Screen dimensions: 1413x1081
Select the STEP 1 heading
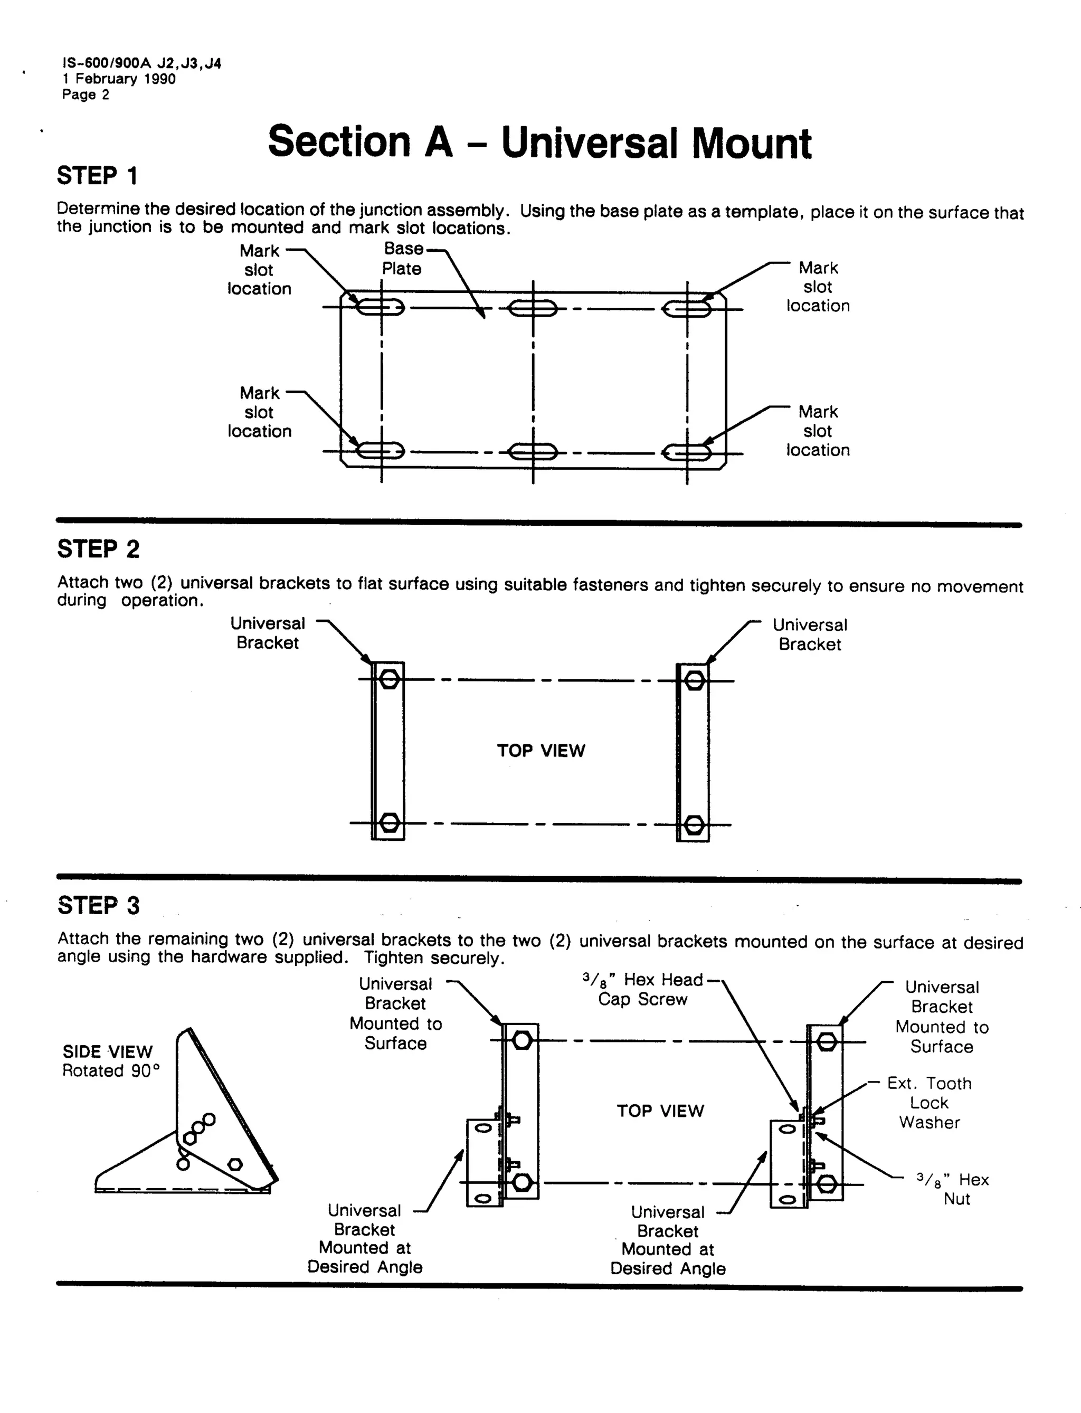click(97, 176)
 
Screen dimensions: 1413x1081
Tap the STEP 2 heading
click(98, 549)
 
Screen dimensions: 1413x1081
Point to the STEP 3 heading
click(98, 905)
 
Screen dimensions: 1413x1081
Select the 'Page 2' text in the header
click(86, 94)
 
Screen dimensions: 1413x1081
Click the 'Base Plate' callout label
click(403, 259)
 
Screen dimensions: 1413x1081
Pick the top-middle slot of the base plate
click(533, 309)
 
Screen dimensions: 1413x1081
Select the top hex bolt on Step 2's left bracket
click(388, 679)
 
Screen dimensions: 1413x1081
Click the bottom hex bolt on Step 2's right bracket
click(694, 824)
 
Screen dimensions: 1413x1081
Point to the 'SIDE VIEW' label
click(108, 1051)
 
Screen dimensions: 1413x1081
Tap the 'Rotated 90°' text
click(111, 1070)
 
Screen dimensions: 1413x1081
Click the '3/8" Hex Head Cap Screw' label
click(642, 989)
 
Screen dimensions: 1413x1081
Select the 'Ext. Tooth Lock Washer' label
click(929, 1102)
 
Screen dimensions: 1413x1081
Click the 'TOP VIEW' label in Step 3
click(660, 1111)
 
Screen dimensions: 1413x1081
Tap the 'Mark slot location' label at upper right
click(818, 286)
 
